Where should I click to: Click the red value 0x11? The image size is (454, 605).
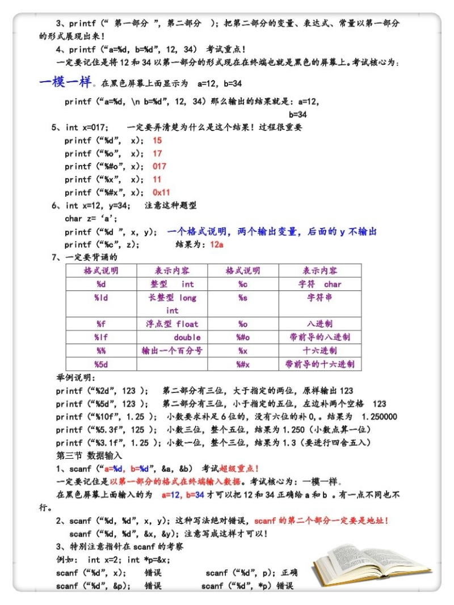click(x=161, y=192)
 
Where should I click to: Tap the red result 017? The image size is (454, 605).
click(x=159, y=166)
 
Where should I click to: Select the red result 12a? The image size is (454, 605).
click(x=216, y=245)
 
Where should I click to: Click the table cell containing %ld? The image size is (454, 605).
click(x=102, y=298)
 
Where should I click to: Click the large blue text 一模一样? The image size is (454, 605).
click(x=65, y=83)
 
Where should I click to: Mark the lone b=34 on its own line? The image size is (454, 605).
click(x=297, y=114)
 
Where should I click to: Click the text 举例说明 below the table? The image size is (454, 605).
click(x=75, y=378)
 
